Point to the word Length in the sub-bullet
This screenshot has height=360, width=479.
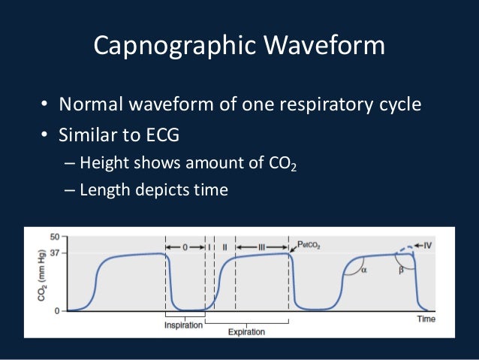tap(104, 190)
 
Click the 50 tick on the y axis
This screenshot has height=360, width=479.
tap(53, 237)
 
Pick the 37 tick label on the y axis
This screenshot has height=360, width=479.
tap(53, 253)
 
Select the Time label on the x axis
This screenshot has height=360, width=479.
tap(426, 319)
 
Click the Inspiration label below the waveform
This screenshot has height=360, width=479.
tap(184, 325)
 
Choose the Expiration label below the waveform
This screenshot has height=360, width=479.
tap(247, 331)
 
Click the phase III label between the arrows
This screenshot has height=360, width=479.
tap(261, 247)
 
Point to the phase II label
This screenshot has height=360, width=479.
tap(225, 247)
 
